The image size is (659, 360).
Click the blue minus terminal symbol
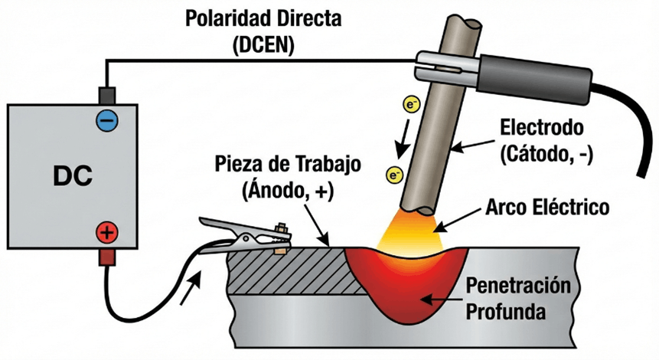click(106, 119)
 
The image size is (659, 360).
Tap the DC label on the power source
click(73, 176)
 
